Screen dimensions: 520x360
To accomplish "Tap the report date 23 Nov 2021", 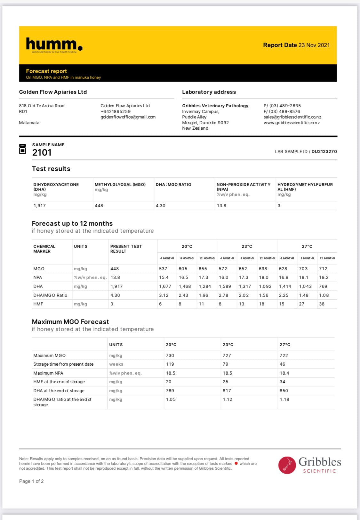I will coord(314,45).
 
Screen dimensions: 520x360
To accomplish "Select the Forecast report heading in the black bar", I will coord(46,71).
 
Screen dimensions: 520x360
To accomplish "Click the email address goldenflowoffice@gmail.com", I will coord(128,117).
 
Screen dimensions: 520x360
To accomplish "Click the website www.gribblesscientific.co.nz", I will coord(292,123).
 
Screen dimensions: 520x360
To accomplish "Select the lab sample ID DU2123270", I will coord(324,151).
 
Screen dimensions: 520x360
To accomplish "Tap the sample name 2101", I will coord(42,152).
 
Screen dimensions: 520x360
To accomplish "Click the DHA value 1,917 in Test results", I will coord(40,206).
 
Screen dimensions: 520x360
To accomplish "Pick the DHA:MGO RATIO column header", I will coord(173,184).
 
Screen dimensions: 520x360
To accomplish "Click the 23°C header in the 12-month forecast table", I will coord(247,246).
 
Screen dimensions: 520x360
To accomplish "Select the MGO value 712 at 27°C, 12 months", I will coord(323,269).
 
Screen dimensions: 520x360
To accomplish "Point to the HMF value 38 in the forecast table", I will coord(322,304).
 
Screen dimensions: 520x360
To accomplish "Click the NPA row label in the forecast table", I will coord(38,277).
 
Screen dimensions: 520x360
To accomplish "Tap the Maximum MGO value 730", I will coord(170,355).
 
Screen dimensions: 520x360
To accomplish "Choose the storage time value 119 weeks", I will coord(170,364).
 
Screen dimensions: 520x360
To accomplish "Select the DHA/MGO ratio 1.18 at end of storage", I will coord(284,399).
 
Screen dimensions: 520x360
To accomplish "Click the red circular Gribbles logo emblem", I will coord(287,465).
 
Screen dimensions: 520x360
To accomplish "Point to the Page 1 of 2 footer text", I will coord(31,481).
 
